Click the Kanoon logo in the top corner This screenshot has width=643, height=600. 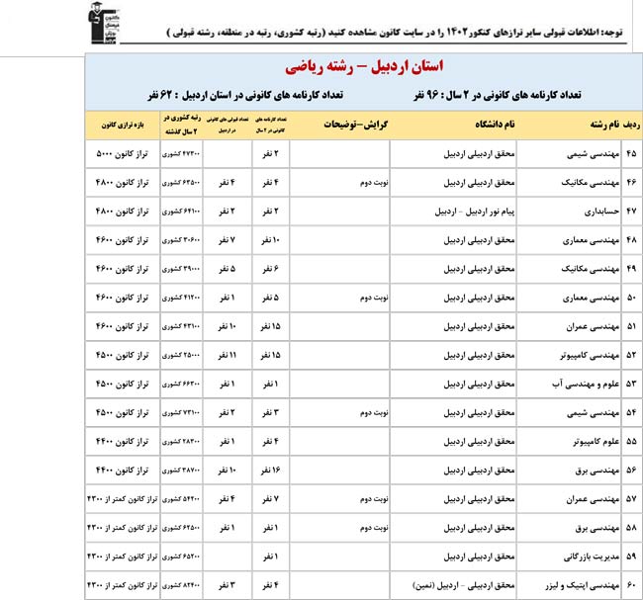pos(100,21)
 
